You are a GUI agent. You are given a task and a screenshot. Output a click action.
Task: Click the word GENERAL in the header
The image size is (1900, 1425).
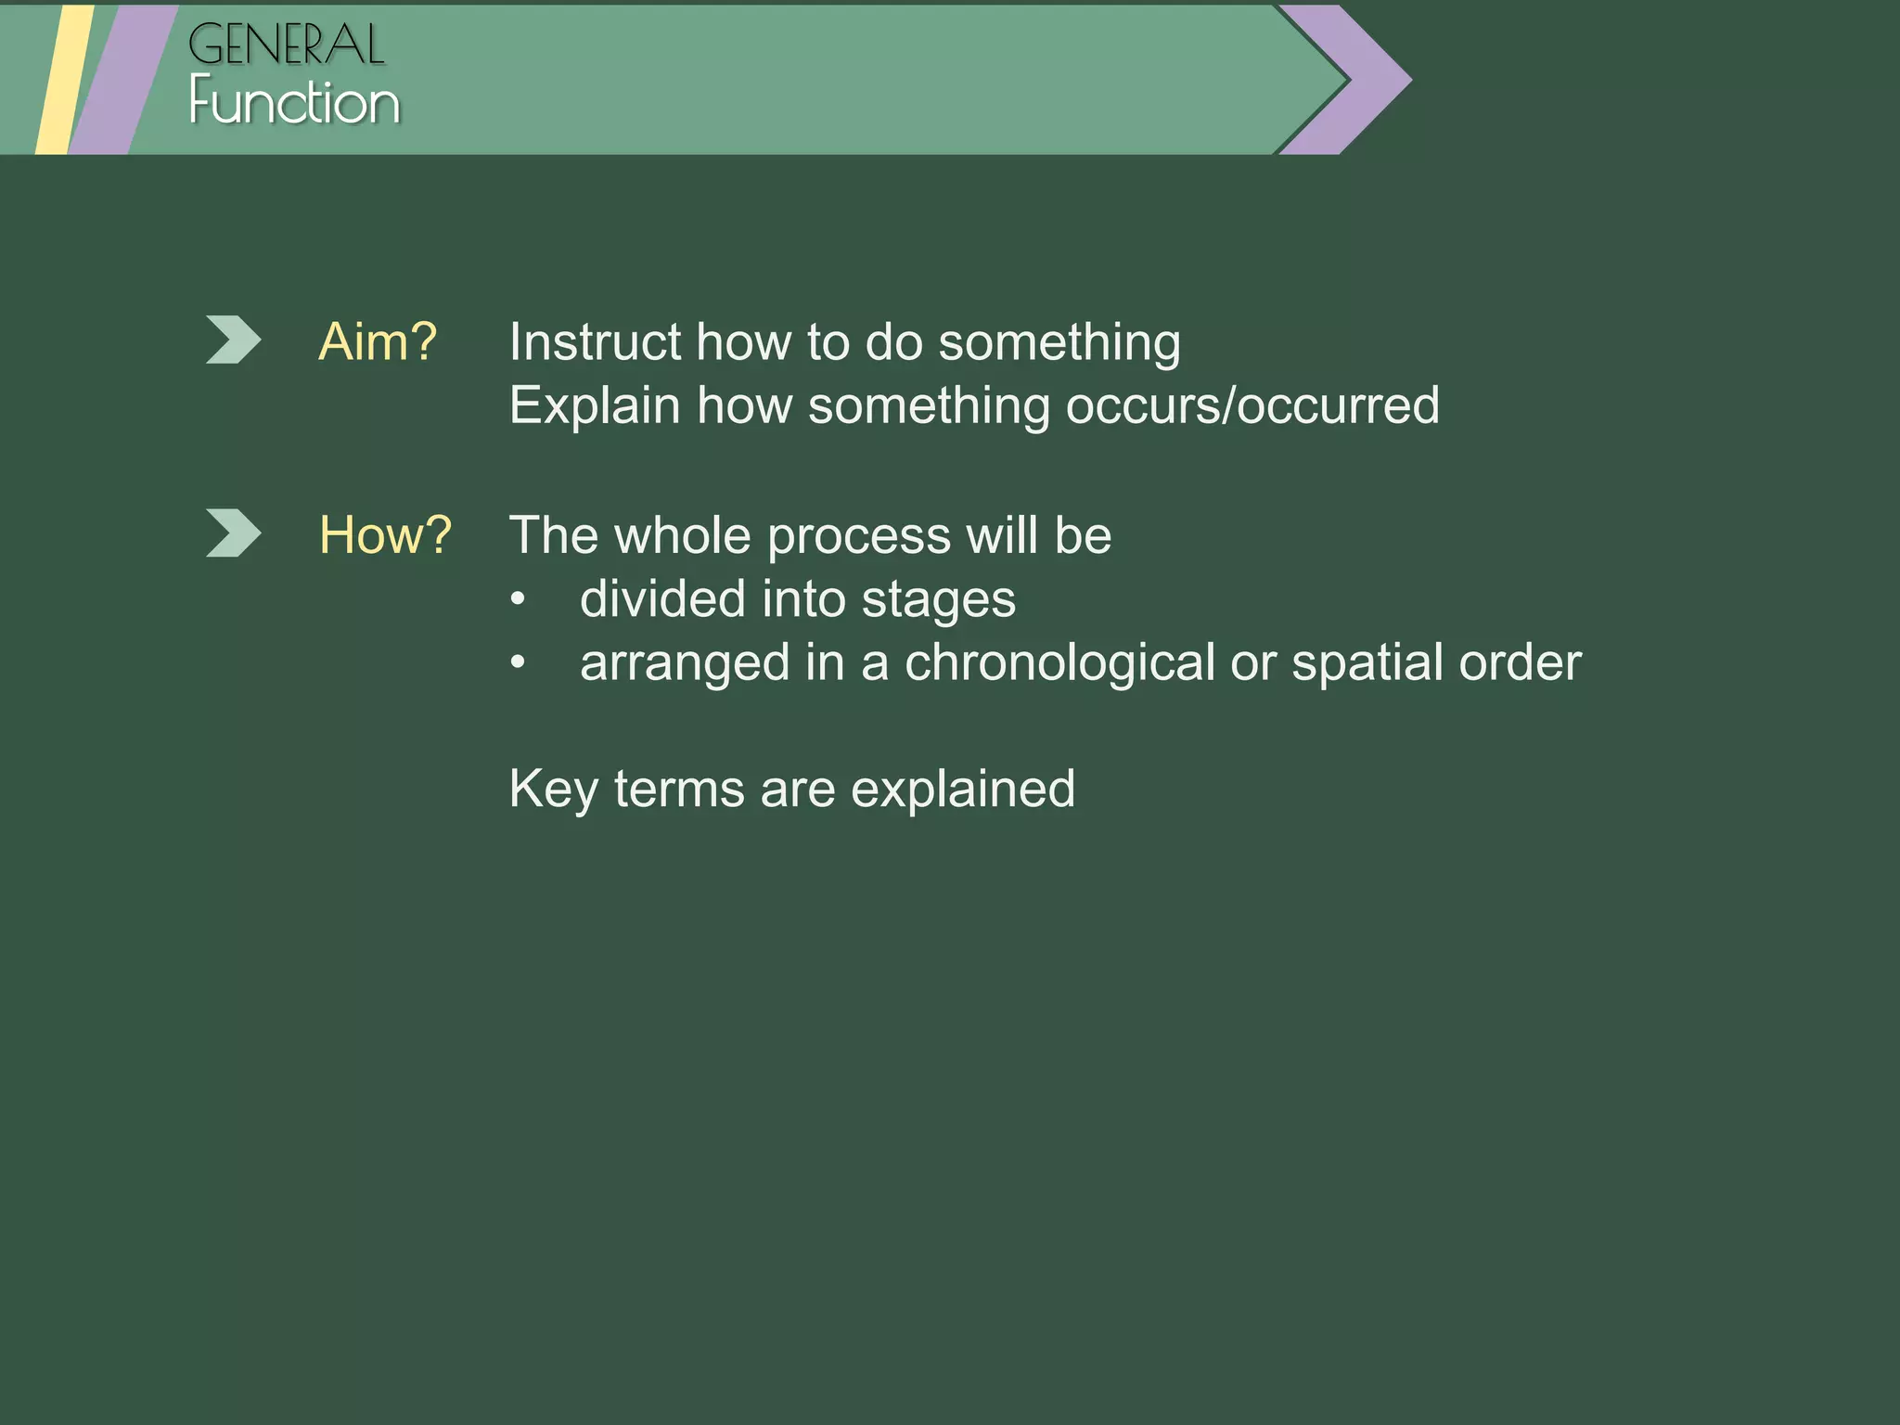pyautogui.click(x=286, y=45)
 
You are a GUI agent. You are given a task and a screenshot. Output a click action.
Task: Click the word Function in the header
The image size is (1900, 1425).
pyautogui.click(x=294, y=102)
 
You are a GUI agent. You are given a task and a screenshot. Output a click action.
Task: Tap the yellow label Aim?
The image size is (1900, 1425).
pyautogui.click(x=377, y=342)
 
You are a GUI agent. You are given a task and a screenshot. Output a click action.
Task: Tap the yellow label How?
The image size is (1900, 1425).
pyautogui.click(x=385, y=535)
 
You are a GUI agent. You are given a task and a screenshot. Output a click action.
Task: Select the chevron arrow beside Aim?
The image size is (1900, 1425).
pyautogui.click(x=232, y=340)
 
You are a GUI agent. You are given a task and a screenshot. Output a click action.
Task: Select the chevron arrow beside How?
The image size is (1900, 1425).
pyautogui.click(x=232, y=533)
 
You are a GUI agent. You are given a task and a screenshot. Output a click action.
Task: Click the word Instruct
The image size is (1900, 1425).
pyautogui.click(x=594, y=342)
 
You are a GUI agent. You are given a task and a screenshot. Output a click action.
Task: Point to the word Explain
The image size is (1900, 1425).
pyautogui.click(x=594, y=406)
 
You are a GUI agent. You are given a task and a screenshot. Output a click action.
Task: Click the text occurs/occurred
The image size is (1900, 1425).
pyautogui.click(x=1252, y=406)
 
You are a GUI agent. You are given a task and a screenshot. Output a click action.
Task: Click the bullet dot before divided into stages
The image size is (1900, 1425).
pyautogui.click(x=518, y=599)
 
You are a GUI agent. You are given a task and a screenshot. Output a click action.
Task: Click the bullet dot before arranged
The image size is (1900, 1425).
pyautogui.click(x=518, y=662)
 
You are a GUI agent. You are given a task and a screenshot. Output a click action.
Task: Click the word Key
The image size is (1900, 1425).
pyautogui.click(x=553, y=790)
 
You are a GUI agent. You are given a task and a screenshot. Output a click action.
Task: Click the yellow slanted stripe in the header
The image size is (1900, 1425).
pyautogui.click(x=63, y=80)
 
